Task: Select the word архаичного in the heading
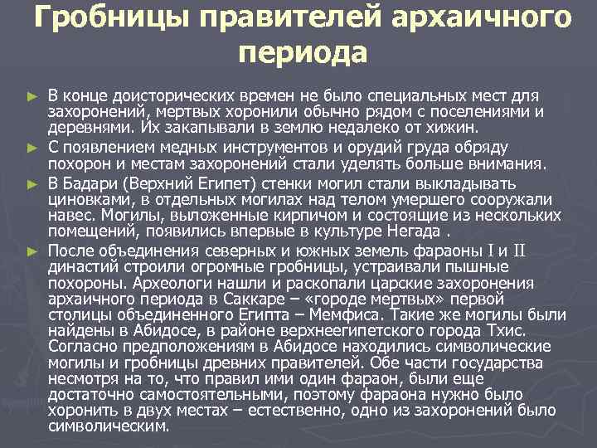[482, 18]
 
